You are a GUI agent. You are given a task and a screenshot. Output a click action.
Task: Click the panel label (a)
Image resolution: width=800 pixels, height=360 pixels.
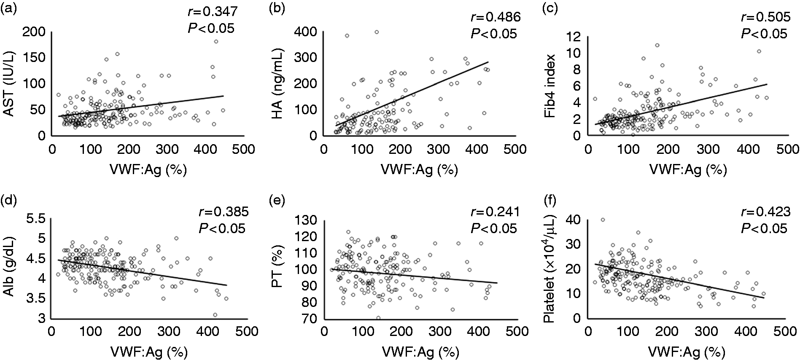pos(9,10)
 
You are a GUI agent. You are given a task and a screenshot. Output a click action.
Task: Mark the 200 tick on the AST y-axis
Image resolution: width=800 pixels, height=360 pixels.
pos(35,32)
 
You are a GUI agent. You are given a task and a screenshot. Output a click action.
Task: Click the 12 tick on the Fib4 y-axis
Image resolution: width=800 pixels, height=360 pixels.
pos(574,37)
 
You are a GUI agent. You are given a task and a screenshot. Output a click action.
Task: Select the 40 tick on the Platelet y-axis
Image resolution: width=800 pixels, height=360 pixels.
pos(574,220)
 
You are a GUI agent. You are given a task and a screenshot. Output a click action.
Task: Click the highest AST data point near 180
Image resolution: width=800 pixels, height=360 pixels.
pos(216,41)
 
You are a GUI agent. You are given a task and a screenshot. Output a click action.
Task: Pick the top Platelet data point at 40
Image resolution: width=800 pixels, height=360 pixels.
pos(603,220)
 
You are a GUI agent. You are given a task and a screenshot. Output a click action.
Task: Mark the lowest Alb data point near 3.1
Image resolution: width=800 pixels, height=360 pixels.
pos(215,315)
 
